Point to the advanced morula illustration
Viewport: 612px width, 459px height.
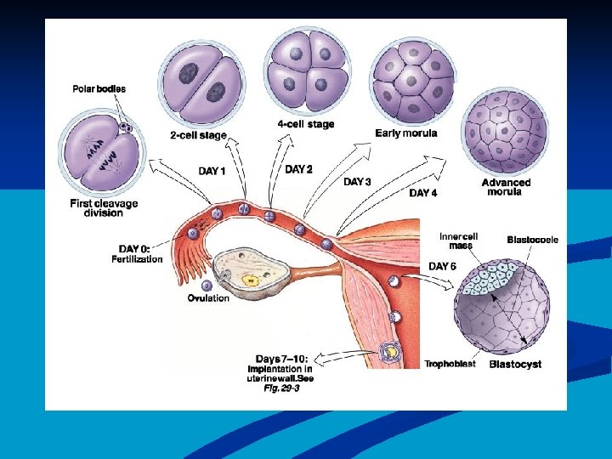click(505, 133)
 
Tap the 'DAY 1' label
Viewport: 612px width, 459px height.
click(212, 172)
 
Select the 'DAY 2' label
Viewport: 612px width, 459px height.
click(298, 169)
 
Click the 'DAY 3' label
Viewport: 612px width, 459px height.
click(357, 182)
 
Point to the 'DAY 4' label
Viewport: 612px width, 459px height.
click(423, 193)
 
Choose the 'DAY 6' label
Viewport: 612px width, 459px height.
click(442, 266)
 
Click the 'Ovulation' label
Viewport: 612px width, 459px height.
click(208, 298)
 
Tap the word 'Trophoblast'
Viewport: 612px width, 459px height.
click(446, 364)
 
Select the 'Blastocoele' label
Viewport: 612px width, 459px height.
click(533, 241)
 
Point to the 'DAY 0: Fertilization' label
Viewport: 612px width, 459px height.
click(137, 253)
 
